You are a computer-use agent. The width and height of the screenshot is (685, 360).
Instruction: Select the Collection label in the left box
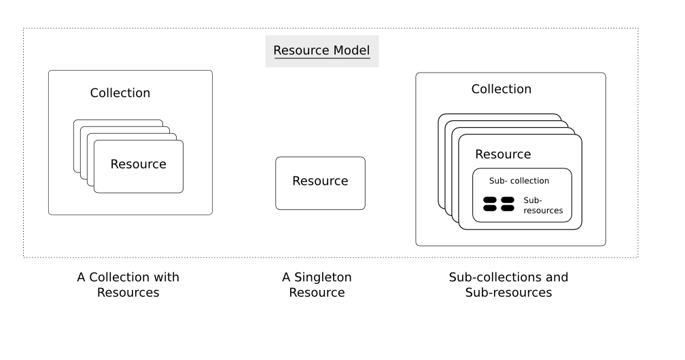pos(120,93)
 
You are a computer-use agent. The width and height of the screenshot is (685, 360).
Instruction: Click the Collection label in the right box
pos(502,89)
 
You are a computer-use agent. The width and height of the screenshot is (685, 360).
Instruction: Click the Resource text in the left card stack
pos(138,164)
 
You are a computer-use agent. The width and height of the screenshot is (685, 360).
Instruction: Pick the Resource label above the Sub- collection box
pos(503,154)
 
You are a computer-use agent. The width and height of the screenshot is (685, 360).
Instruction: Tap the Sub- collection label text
pos(519,181)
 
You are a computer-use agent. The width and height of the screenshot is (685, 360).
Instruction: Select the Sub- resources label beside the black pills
pos(543,205)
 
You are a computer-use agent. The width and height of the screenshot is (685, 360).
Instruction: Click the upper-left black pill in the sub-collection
pos(490,200)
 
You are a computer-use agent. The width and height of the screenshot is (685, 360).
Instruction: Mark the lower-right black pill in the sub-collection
pos(508,209)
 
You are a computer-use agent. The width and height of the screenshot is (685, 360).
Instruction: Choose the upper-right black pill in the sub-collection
pos(508,200)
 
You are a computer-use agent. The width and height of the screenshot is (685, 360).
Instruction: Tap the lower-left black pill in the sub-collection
pos(490,209)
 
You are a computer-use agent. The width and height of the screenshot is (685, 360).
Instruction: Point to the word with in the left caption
pos(166,277)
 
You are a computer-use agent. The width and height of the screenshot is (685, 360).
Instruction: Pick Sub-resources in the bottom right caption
pos(508,293)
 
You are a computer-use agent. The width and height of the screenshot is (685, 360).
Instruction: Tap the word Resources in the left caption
pos(128,293)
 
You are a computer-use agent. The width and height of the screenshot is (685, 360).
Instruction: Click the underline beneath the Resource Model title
pos(321,59)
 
